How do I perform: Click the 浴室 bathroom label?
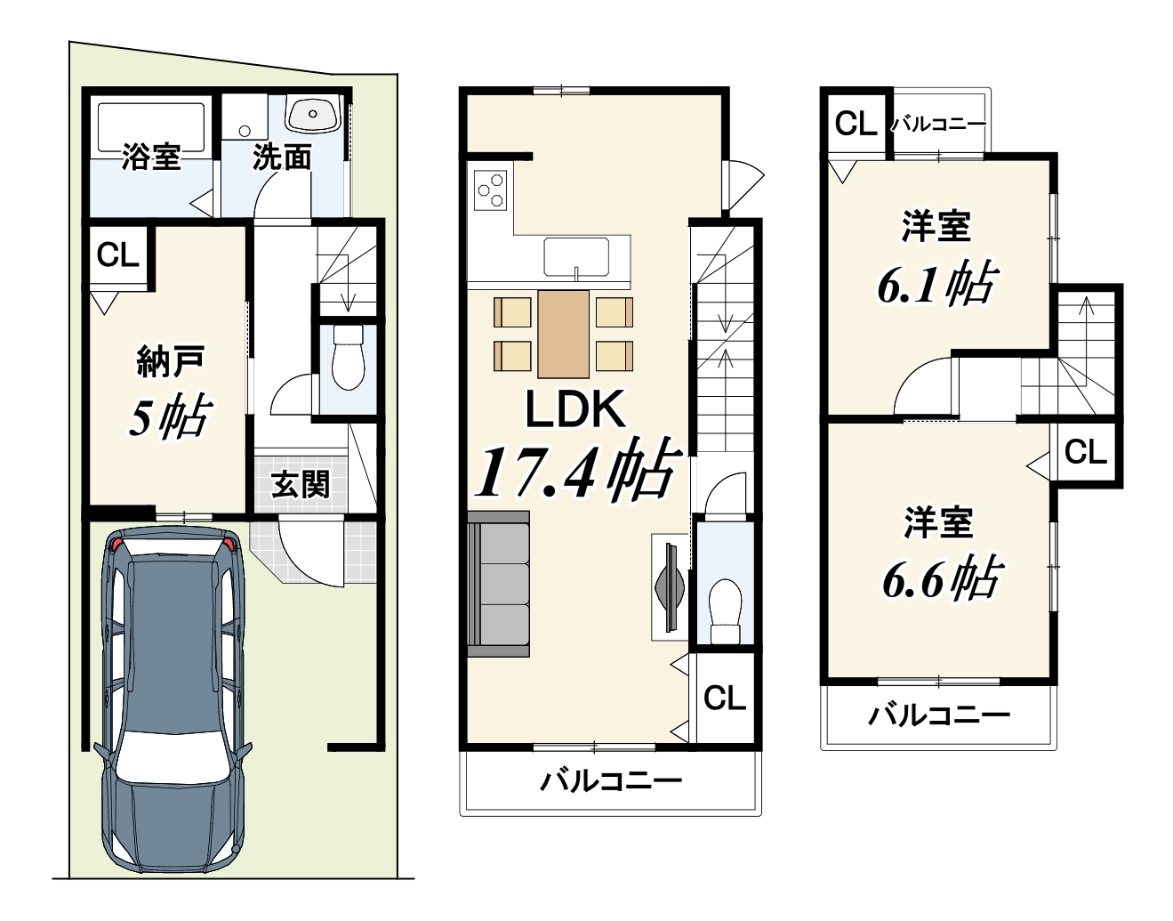point(150,157)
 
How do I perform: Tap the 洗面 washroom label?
point(282,158)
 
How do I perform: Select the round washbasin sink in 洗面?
point(313,114)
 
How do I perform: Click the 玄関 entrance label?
point(300,484)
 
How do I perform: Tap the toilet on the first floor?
point(349,357)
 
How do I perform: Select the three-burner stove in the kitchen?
point(490,190)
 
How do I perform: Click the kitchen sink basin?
point(576,256)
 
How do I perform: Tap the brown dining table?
point(563,334)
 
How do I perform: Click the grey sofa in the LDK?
point(498,584)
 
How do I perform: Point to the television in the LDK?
point(670,586)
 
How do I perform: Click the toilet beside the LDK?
point(724,612)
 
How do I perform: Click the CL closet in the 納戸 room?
point(117,254)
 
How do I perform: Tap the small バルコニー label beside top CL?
point(937,125)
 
